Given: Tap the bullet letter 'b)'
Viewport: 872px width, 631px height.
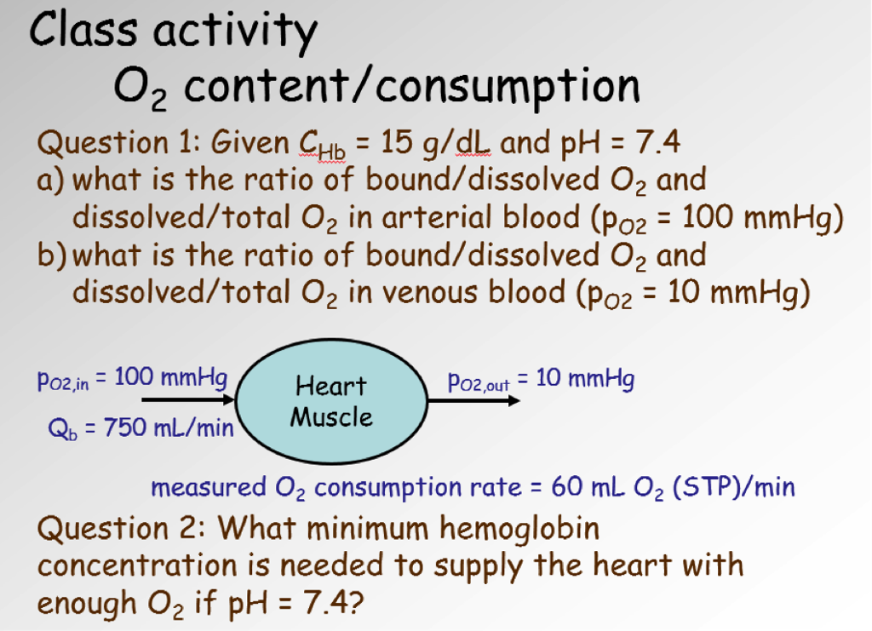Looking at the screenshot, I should point(53,255).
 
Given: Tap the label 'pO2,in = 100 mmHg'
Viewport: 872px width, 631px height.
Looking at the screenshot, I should point(131,377).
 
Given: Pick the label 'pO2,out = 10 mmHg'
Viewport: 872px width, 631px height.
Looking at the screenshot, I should point(541,380).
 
